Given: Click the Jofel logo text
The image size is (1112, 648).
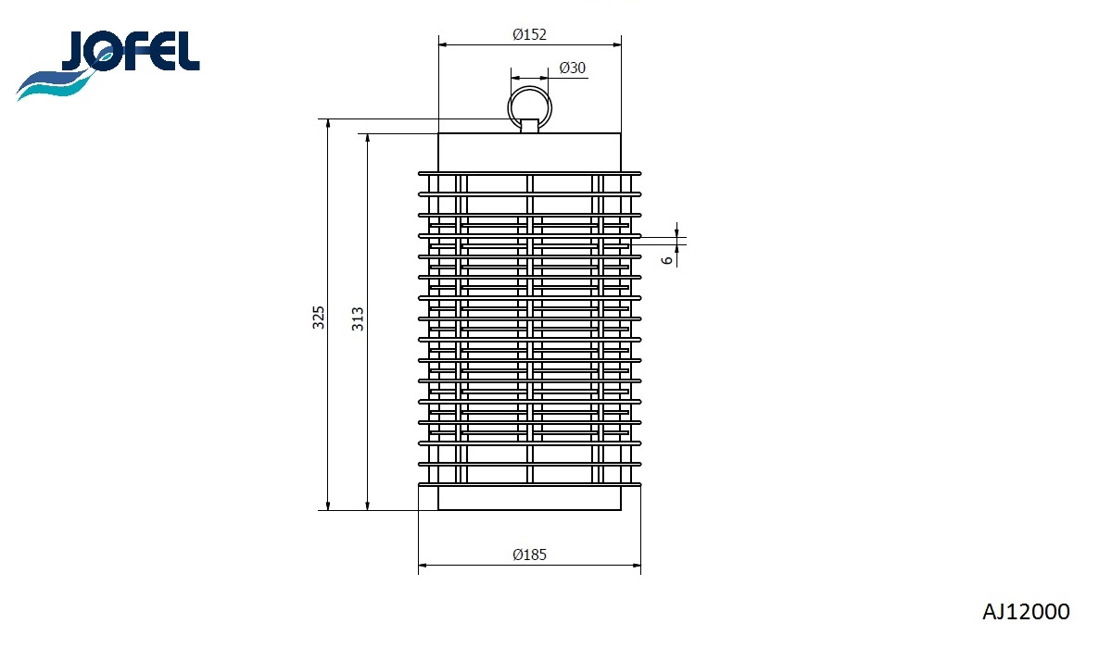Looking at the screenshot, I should (130, 52).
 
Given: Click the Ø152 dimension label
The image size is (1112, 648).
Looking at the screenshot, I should (530, 34).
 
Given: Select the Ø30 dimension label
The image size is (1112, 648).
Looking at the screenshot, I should (573, 69).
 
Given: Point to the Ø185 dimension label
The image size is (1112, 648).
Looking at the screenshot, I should (530, 555).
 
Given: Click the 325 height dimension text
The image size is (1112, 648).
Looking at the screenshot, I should (319, 318).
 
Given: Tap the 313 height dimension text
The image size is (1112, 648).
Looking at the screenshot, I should (358, 318).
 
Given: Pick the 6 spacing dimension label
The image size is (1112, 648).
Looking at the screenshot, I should (666, 260).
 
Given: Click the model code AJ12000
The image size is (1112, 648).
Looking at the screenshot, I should (1026, 612).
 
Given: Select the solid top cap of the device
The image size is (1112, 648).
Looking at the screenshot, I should (529, 152).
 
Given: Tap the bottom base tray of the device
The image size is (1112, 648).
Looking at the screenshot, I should (529, 498).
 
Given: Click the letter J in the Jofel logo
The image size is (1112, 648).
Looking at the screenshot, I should (76, 52).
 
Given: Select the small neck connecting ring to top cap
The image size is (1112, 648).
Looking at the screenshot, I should (529, 126).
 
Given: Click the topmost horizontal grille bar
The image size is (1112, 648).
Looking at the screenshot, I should (529, 173).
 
